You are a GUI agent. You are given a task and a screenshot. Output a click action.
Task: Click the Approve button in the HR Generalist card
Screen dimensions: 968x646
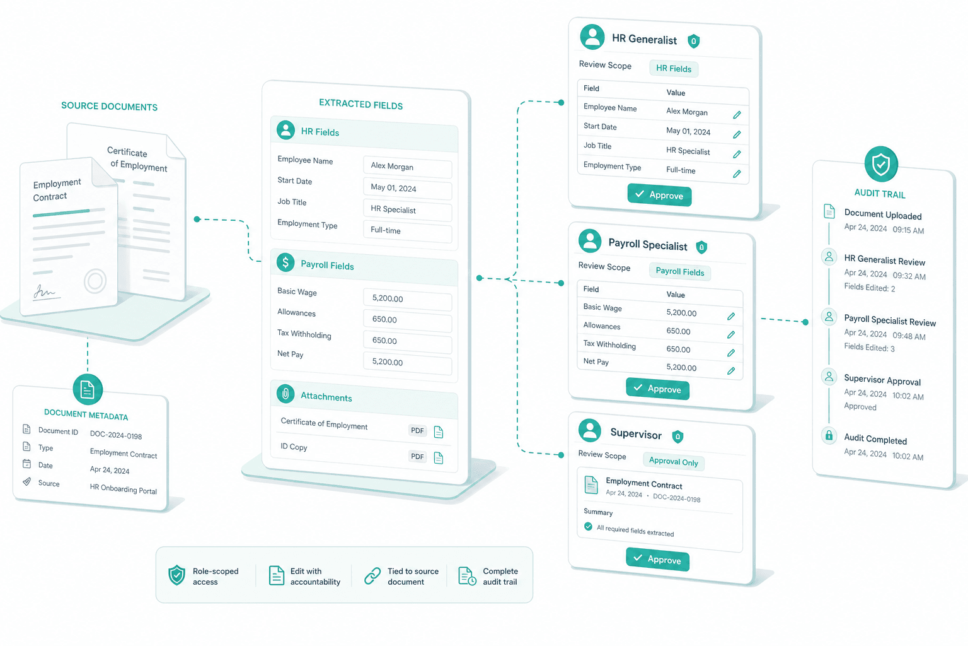(659, 195)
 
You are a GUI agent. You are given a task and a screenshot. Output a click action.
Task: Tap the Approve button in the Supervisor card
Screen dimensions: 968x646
(657, 560)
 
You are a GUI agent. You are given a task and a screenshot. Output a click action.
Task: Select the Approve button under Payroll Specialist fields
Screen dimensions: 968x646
(657, 389)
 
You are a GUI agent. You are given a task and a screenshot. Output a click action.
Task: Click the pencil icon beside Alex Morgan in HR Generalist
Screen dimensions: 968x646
(737, 115)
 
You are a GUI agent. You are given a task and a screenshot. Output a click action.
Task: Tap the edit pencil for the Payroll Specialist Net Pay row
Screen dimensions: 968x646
(731, 371)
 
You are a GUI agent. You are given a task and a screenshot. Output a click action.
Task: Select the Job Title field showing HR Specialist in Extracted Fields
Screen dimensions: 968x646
(408, 210)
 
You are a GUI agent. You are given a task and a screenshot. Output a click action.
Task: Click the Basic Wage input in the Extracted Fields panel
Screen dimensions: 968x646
(408, 299)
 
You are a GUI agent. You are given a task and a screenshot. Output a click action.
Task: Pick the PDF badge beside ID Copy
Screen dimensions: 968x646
(417, 457)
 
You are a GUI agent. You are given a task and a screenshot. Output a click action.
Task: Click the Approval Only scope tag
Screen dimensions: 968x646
(673, 461)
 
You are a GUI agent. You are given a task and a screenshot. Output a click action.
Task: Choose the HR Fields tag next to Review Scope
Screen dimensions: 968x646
(673, 68)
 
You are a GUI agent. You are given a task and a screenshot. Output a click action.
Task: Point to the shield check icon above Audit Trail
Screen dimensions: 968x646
(880, 164)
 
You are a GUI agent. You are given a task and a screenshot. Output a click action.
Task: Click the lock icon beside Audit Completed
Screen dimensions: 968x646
(829, 435)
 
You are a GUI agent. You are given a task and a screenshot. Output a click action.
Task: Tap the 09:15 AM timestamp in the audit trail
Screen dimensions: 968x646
(908, 230)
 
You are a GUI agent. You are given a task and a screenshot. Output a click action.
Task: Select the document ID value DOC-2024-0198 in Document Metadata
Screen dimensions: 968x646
(116, 435)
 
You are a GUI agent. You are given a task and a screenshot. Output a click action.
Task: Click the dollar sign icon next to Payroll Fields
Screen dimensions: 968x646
(285, 262)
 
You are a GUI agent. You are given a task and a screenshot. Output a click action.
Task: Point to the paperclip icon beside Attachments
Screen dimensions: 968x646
(285, 394)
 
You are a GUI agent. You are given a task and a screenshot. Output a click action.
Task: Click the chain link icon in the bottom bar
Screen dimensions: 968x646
(372, 576)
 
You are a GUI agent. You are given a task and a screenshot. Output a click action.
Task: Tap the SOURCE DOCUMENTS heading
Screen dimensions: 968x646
(109, 107)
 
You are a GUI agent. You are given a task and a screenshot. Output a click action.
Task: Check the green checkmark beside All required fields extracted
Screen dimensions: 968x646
(588, 526)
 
